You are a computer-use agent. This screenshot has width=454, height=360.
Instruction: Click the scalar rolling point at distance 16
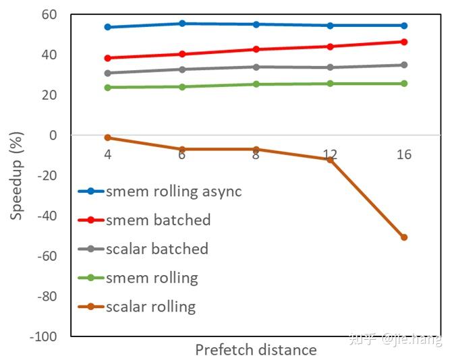[404, 237]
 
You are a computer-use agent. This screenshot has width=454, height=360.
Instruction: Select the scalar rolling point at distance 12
[330, 159]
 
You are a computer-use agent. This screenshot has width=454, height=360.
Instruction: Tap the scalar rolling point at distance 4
[107, 138]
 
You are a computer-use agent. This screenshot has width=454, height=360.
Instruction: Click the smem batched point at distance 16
[404, 42]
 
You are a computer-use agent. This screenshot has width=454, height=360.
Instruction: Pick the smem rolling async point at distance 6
[182, 24]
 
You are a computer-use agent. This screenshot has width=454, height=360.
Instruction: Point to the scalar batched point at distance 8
[256, 67]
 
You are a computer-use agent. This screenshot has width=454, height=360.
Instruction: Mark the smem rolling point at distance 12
[330, 84]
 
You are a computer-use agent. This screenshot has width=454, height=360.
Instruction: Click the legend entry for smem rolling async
[159, 191]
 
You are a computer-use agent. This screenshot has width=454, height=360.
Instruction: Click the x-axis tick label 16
[404, 154]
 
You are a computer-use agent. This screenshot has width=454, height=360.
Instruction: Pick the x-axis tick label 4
[107, 154]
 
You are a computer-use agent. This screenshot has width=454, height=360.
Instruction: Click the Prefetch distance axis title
[256, 350]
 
